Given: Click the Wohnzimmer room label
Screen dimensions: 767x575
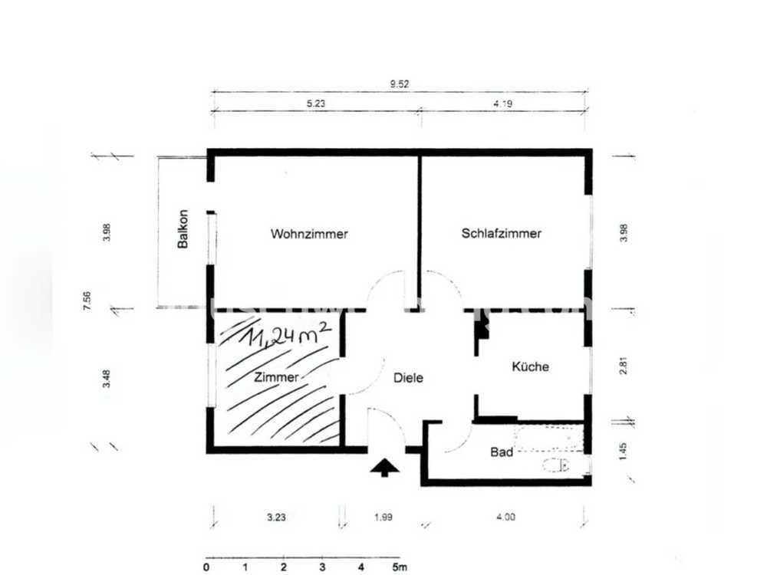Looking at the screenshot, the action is click(x=309, y=234).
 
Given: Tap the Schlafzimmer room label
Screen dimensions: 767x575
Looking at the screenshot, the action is click(x=502, y=233).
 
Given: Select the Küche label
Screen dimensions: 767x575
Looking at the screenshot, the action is click(x=530, y=366).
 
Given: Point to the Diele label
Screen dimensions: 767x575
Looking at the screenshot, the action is click(x=409, y=377).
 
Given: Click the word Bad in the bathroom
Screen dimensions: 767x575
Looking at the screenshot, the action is click(x=502, y=452).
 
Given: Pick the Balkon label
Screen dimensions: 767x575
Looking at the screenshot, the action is click(x=183, y=228).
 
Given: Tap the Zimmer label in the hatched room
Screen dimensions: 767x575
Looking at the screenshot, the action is click(x=276, y=377).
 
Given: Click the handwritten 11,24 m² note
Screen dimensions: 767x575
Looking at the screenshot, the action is click(x=288, y=334).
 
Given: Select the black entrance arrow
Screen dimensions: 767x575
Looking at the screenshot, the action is click(x=384, y=468).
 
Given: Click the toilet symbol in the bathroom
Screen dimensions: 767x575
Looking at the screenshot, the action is click(x=555, y=465).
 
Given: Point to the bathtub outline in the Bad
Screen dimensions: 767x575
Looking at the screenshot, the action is click(x=549, y=438).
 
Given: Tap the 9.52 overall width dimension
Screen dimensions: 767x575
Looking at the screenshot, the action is click(x=399, y=84).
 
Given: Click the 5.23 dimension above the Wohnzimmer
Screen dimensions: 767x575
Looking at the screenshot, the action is click(x=316, y=103).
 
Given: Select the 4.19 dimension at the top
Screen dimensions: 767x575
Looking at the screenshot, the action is click(x=503, y=103).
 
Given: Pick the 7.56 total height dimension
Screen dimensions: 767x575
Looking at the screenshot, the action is click(x=87, y=301).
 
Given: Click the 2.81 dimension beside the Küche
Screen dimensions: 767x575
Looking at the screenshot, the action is click(x=623, y=365).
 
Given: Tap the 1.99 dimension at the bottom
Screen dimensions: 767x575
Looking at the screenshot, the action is click(x=383, y=517).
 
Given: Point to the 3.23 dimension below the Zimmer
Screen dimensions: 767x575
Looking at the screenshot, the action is click(x=276, y=517).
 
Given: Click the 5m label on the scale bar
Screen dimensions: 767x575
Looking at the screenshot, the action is click(x=400, y=567).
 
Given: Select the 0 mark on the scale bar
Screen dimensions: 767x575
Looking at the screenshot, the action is click(x=206, y=567).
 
